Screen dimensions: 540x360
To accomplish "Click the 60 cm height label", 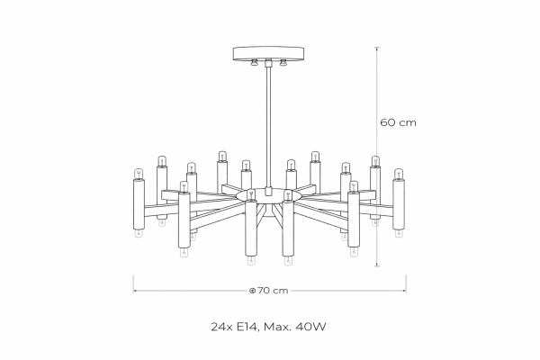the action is tap(398, 122).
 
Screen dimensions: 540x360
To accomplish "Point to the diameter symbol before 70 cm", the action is tap(252, 291).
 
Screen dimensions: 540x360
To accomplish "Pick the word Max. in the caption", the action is tap(279, 327).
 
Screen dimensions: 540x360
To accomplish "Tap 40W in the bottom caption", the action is tap(312, 327).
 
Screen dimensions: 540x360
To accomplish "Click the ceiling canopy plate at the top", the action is tap(268, 53).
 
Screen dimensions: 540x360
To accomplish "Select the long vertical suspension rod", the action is tap(268, 127).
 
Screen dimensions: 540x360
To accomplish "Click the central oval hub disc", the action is tap(268, 196).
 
